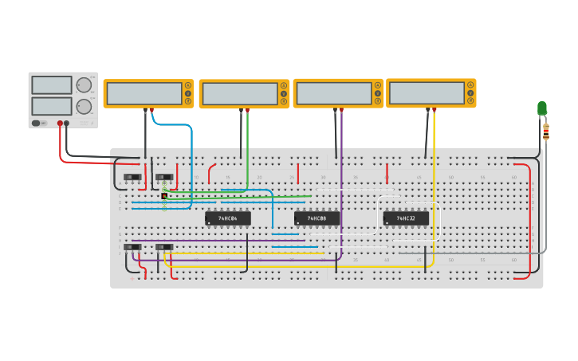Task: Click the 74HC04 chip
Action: [x=228, y=218]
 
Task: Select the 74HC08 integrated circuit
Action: [x=317, y=218]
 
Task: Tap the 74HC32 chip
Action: [x=406, y=218]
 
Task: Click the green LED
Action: [x=542, y=108]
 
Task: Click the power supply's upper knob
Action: [x=84, y=85]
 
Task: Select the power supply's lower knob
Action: [x=84, y=106]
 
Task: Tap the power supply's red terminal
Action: [x=60, y=124]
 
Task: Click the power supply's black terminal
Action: [x=67, y=124]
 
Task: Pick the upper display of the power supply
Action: [x=52, y=85]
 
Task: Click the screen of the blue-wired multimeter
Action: [x=144, y=93]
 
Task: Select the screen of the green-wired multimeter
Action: [x=239, y=94]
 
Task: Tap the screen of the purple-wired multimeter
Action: [x=333, y=93]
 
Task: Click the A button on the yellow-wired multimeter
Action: [x=471, y=84]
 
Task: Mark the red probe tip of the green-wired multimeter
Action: [x=247, y=111]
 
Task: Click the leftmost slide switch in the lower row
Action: [x=132, y=247]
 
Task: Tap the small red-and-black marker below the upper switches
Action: [x=164, y=195]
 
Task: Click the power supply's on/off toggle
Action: [x=37, y=124]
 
